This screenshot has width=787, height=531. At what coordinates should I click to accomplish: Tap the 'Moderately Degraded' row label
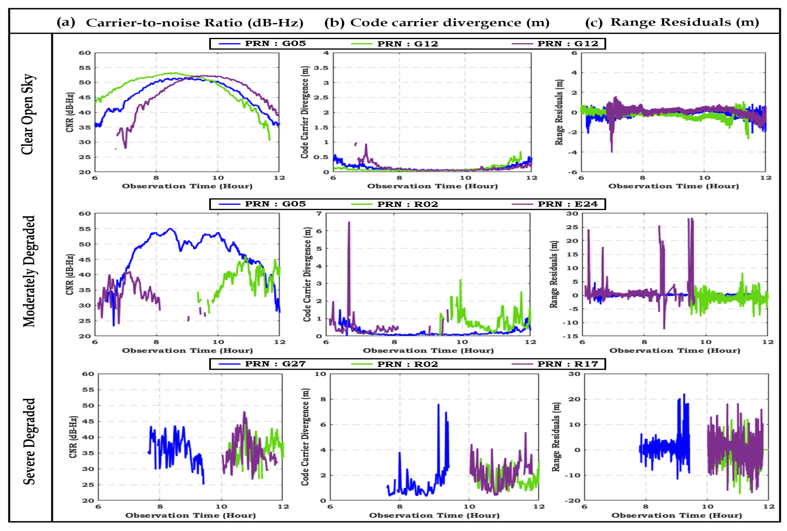tap(29, 271)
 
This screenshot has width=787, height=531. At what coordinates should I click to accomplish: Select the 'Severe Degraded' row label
tap(29, 441)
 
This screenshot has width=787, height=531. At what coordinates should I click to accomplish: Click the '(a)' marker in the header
tap(66, 22)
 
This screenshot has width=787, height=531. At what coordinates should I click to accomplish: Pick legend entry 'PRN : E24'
tap(568, 204)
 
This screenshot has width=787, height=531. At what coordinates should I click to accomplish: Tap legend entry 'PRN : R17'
tap(568, 364)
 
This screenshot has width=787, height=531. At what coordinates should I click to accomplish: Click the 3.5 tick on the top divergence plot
tap(321, 68)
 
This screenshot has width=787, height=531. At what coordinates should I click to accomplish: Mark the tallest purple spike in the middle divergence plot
tap(349, 223)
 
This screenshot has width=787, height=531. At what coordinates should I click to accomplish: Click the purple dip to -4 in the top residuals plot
tap(612, 151)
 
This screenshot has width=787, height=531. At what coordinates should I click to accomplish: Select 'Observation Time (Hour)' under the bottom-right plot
tap(676, 515)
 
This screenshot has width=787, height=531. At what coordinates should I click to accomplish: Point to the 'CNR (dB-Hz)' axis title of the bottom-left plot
tap(73, 437)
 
